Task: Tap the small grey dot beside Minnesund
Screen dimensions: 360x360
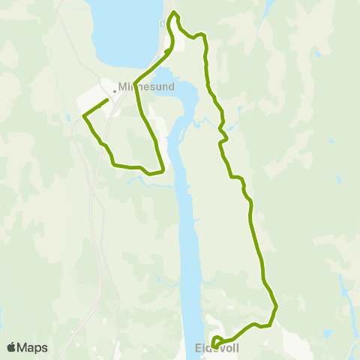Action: [114, 91]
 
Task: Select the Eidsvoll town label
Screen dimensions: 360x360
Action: [217, 348]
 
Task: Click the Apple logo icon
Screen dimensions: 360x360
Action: [11, 347]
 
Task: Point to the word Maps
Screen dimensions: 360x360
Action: [33, 347]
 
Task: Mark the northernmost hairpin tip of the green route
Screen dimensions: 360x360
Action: [175, 12]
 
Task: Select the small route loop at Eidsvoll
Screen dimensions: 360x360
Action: [216, 342]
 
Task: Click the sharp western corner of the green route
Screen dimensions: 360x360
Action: [82, 116]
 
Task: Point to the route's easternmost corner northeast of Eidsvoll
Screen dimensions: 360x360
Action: [277, 305]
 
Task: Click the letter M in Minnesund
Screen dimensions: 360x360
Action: [122, 86]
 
